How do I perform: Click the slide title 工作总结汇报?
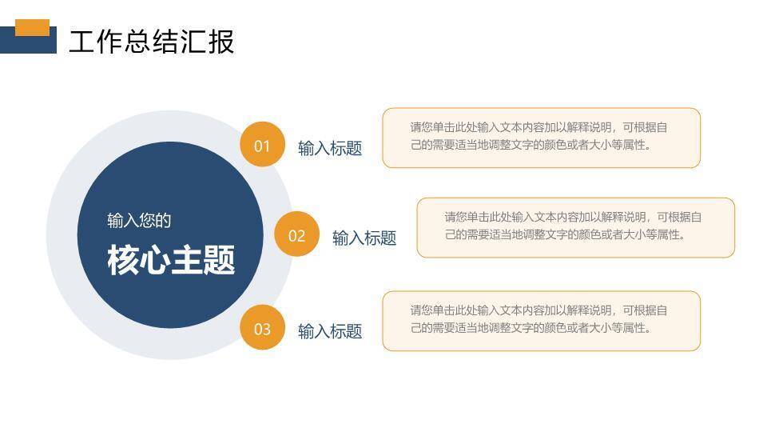tap(151, 42)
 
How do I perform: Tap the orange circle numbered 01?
tap(262, 145)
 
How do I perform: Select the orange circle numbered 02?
tap(296, 235)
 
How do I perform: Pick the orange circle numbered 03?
tap(262, 328)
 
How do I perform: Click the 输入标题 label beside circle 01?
tap(330, 148)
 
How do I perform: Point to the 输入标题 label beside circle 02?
tap(364, 238)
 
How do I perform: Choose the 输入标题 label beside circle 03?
tap(330, 331)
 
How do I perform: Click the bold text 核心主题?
tap(171, 261)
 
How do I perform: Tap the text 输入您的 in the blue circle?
tap(139, 220)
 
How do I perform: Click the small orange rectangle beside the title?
tap(32, 27)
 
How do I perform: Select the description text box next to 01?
tap(541, 138)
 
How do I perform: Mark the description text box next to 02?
tap(575, 227)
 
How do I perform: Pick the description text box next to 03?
tap(541, 320)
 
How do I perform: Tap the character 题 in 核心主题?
tap(220, 261)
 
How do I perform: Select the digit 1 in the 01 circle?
tap(267, 146)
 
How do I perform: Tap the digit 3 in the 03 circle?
tap(267, 329)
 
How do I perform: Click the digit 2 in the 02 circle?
tap(301, 235)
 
